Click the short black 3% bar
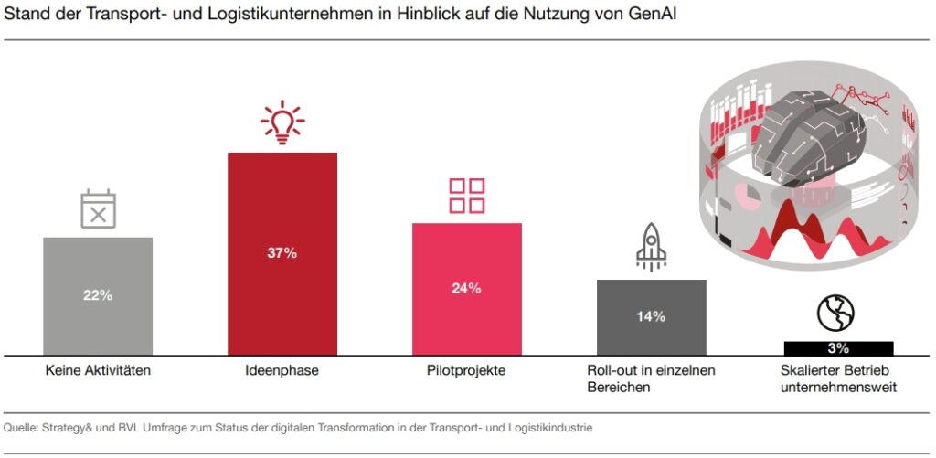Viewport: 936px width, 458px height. coord(838,348)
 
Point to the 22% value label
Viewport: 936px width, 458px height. coord(98,295)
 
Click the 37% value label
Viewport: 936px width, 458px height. coord(282,253)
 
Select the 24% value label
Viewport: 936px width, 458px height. coord(466,288)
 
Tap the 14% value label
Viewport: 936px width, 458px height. coord(651,316)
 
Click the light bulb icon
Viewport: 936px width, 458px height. coord(282,122)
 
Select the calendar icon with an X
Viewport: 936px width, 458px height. coord(98,208)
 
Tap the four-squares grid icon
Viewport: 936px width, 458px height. coord(466,196)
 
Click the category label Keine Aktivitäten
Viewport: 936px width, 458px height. coord(98,371)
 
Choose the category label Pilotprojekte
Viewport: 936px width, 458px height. coord(466,371)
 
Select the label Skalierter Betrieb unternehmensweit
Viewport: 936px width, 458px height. coord(838,378)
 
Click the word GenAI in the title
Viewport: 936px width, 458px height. coord(645,16)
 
